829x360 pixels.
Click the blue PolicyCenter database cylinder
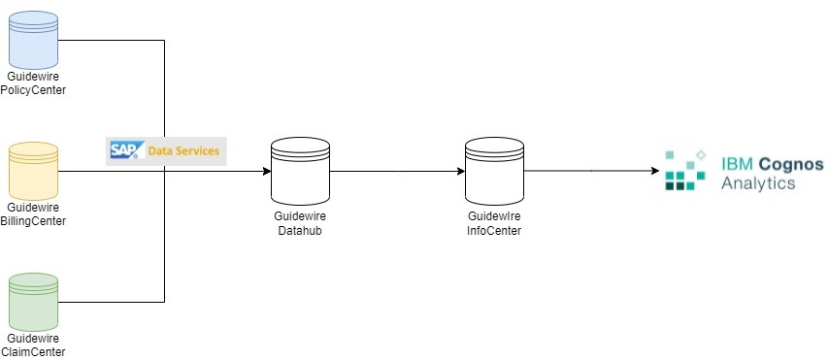click(33, 39)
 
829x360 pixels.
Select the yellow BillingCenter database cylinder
click(33, 172)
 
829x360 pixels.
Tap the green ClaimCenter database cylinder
click(33, 302)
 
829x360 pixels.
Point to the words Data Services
click(183, 151)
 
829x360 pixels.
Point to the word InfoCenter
click(494, 231)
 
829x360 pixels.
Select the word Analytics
click(758, 182)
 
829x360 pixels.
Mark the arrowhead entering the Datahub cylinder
click(265, 173)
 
